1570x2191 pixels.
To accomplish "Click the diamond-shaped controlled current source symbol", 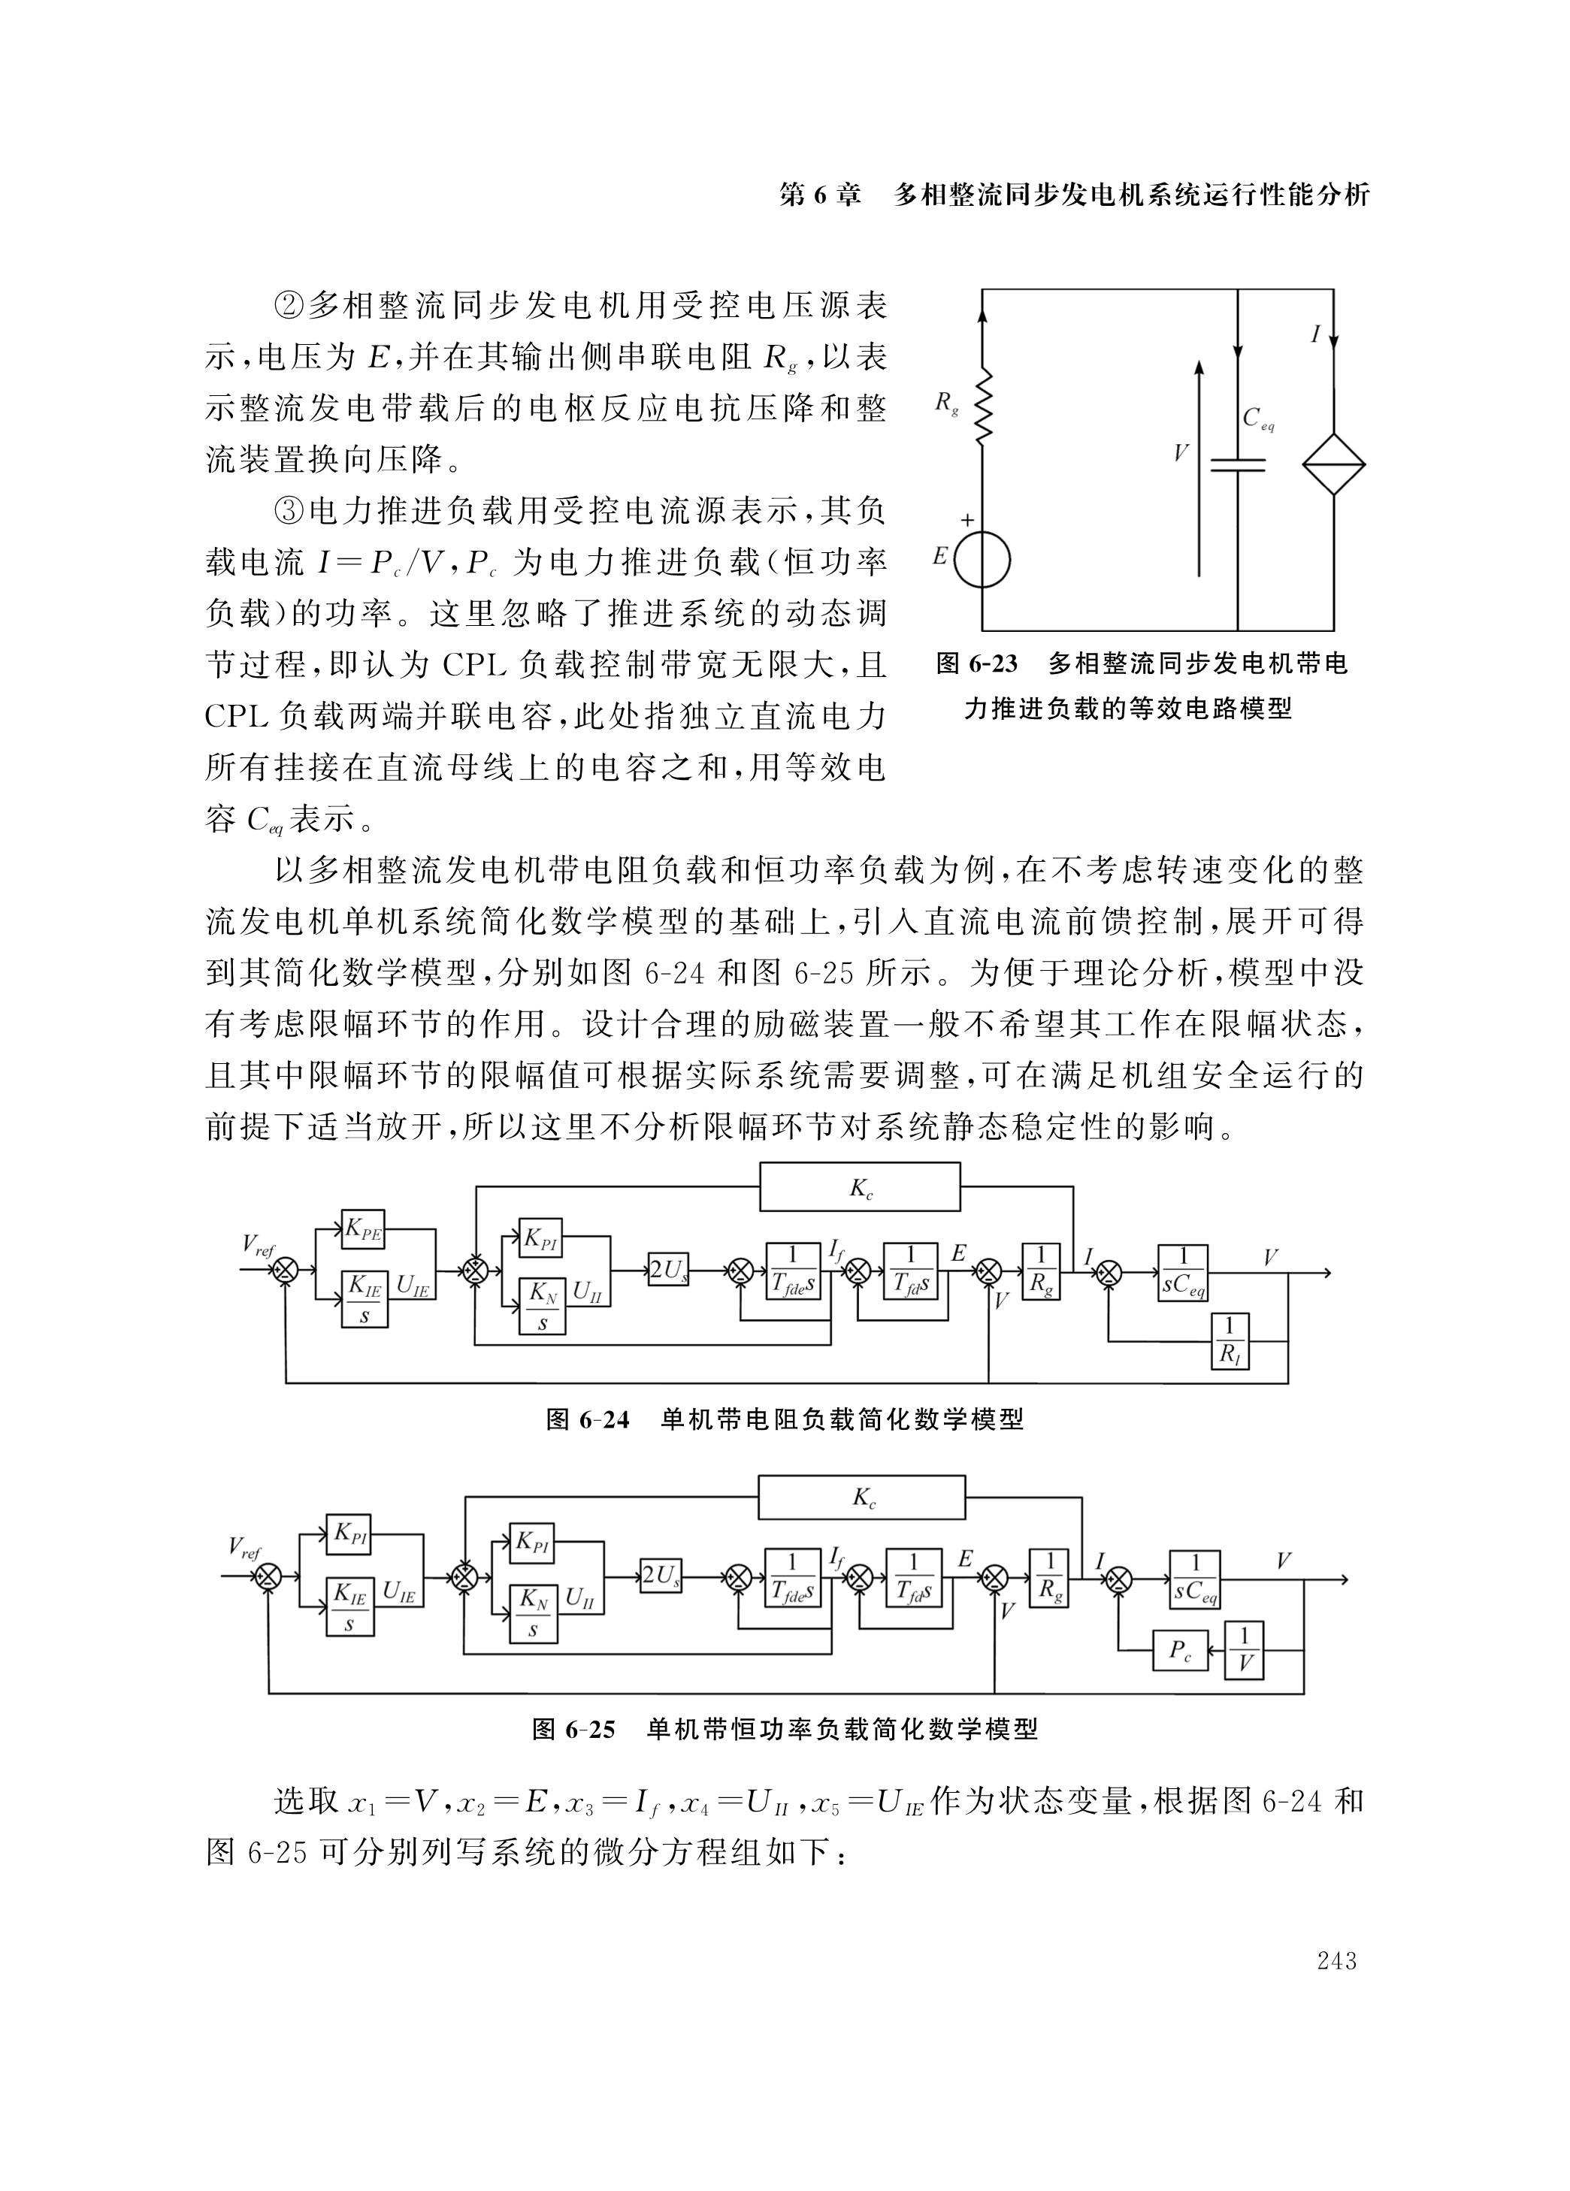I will (x=1333, y=464).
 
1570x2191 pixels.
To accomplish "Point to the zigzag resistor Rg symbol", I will (x=982, y=408).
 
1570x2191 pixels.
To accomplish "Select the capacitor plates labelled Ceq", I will (x=1238, y=464).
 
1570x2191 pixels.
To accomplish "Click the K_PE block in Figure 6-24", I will (x=363, y=1228).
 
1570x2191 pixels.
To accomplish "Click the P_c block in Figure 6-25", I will (x=1180, y=1650).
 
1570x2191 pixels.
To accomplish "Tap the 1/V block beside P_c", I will (x=1245, y=1650).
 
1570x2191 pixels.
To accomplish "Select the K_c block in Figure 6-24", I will (x=860, y=1186).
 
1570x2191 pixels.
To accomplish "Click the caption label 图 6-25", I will (x=573, y=1729).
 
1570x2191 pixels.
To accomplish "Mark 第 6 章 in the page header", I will (x=819, y=195).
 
